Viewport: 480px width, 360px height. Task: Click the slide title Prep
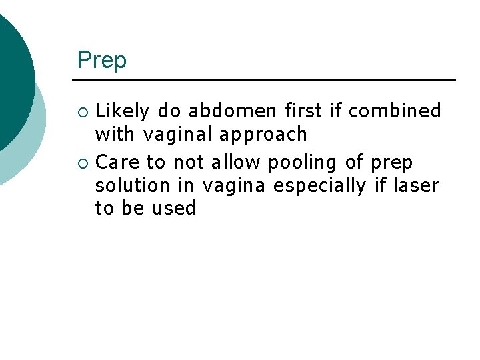(101, 61)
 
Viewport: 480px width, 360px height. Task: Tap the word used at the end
(173, 209)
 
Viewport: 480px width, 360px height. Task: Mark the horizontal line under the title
(267, 80)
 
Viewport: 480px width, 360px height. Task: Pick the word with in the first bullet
(114, 135)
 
